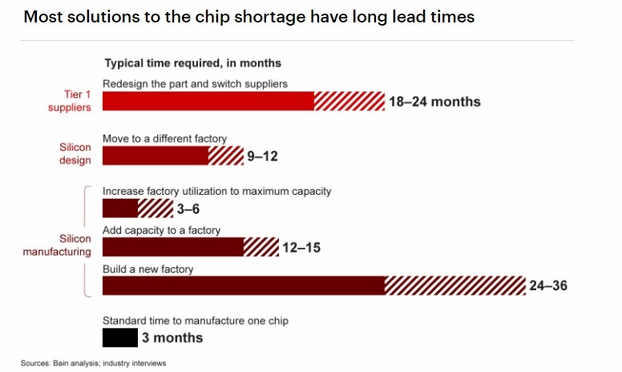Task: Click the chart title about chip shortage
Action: point(249,17)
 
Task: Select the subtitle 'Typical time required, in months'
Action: point(192,63)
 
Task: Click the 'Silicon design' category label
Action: point(75,153)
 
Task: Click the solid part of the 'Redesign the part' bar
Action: point(208,101)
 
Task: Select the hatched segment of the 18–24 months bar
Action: point(349,101)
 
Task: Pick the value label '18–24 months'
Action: point(434,102)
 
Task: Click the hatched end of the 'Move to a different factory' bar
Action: point(225,156)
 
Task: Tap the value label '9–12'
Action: point(262,156)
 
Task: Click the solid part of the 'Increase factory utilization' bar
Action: point(120,208)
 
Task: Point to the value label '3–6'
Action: point(188,210)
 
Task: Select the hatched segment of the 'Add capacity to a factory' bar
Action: point(261,247)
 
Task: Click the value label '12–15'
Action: point(301,249)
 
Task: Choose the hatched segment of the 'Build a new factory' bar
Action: point(454,285)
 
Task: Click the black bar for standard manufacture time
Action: point(120,338)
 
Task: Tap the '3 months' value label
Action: point(172,338)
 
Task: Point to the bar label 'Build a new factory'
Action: point(147,269)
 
